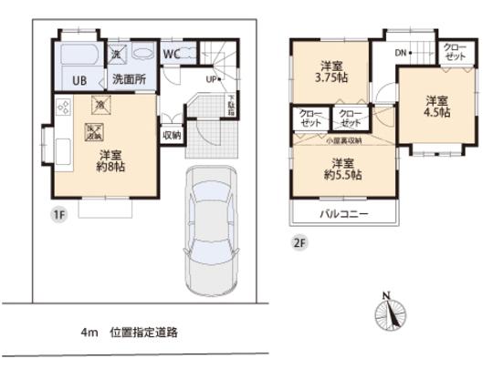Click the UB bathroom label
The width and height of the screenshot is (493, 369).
pos(80,79)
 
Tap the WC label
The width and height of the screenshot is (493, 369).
pos(171,54)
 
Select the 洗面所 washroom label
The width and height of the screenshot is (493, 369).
pos(128,79)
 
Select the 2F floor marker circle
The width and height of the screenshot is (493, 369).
pos(299,242)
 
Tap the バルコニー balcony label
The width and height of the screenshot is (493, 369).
pos(344,214)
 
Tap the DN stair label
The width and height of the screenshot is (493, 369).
pos(401,52)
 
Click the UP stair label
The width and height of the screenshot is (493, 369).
pos(213,79)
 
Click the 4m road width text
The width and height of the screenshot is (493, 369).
pos(89,333)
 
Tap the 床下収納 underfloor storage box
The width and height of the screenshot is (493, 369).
pos(94,132)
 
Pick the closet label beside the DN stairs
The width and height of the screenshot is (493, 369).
pos(454,52)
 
